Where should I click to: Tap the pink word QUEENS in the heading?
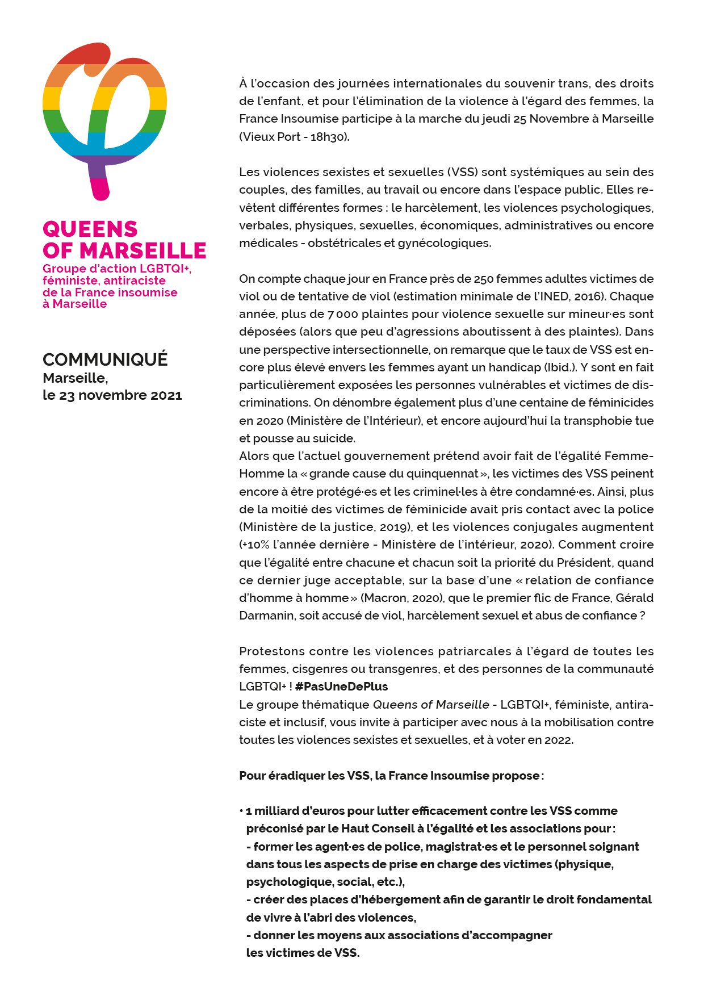coord(90,229)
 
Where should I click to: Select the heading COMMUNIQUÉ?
coord(105,359)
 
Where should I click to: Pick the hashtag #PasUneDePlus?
coord(341,687)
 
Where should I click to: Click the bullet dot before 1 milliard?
coord(241,810)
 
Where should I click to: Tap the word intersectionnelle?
coord(380,350)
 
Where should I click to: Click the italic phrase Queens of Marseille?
coord(430,705)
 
